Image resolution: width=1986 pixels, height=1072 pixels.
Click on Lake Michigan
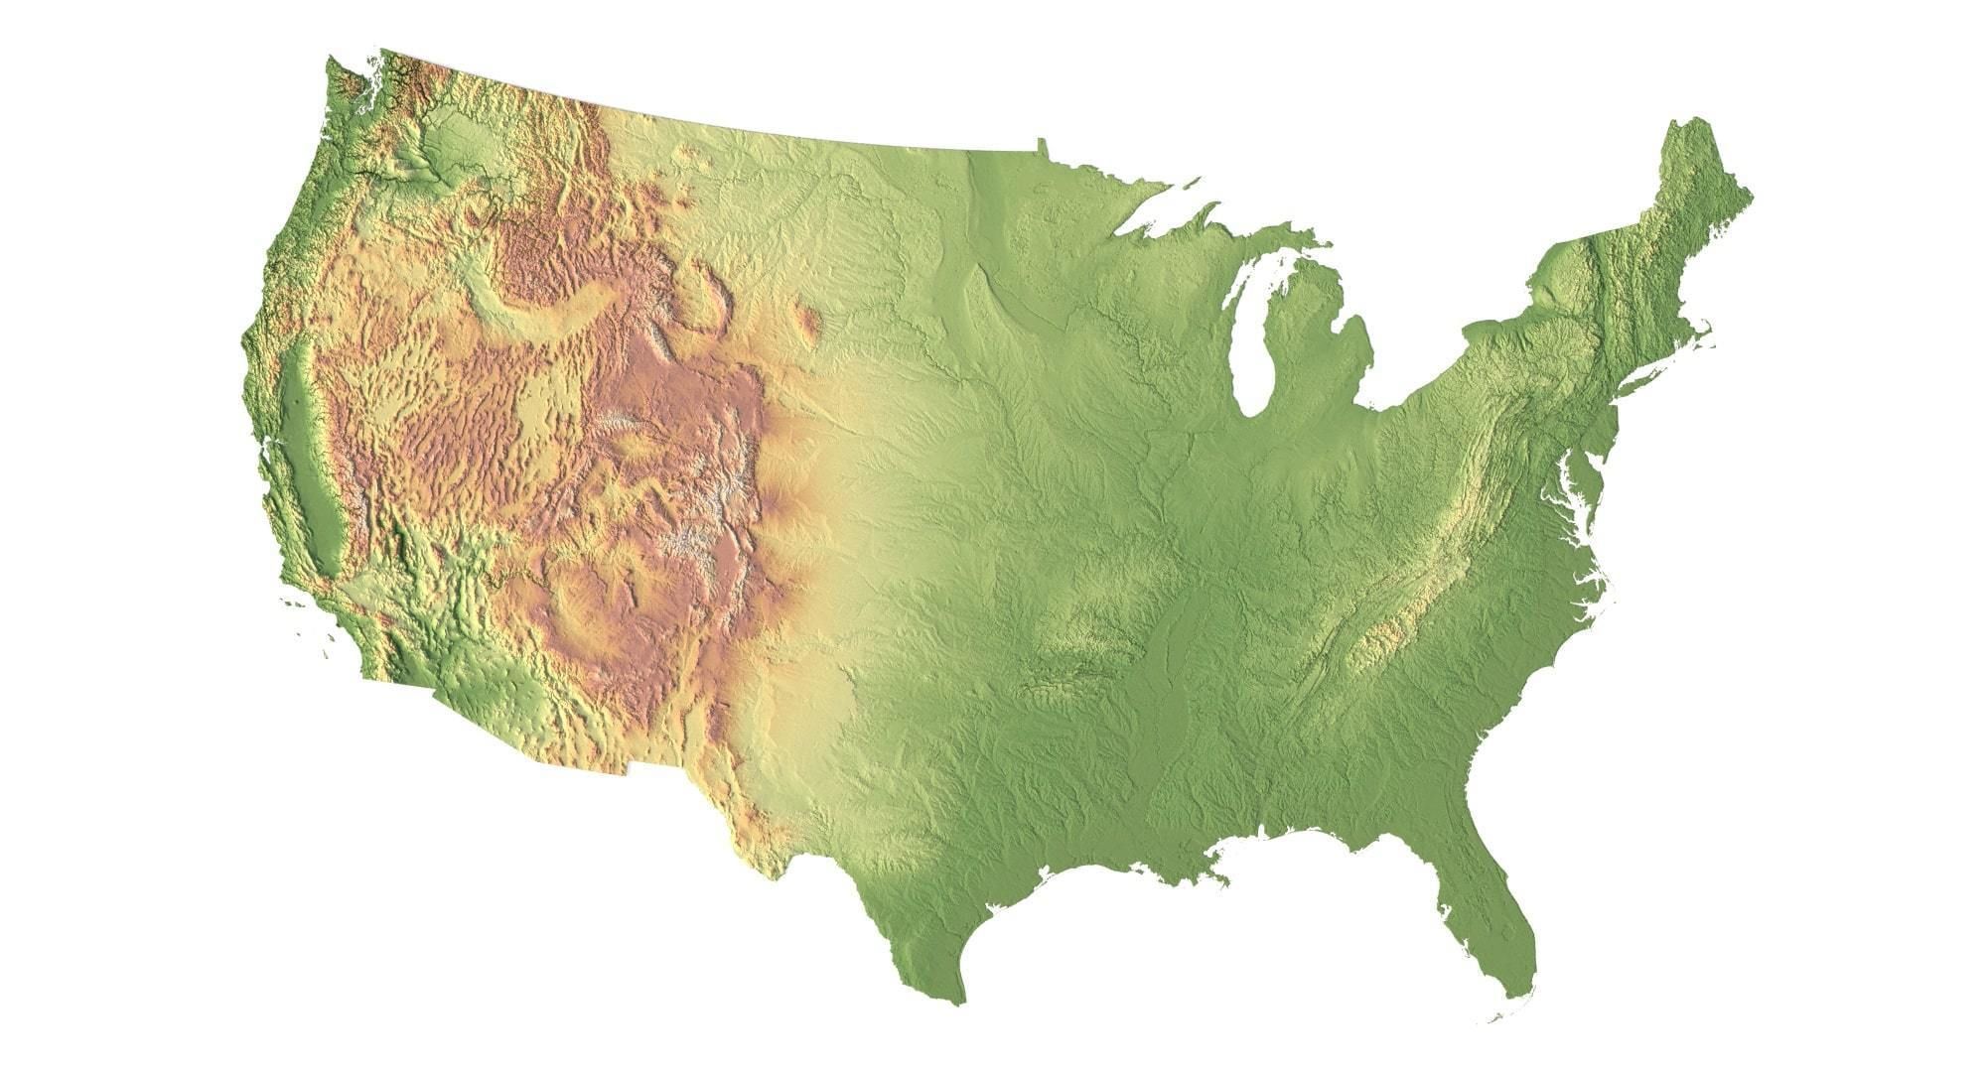point(1253,337)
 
